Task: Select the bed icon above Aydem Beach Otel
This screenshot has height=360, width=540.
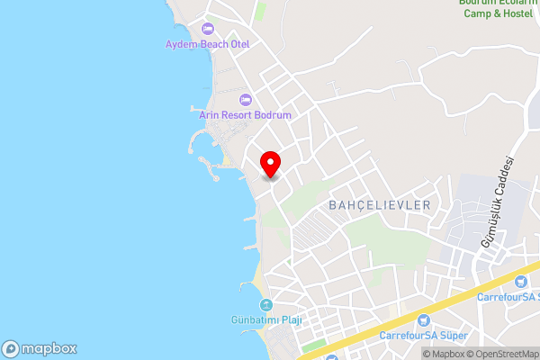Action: click(208, 29)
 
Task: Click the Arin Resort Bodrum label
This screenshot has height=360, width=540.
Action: click(245, 115)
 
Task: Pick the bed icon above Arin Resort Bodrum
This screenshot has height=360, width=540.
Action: click(246, 99)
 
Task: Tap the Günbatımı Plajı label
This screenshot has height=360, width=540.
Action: click(265, 319)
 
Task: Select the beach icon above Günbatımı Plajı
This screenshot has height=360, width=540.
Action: click(265, 304)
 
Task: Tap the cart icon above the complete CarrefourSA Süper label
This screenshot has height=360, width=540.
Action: click(423, 320)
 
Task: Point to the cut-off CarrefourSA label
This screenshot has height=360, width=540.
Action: click(507, 297)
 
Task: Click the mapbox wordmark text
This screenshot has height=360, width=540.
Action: click(49, 348)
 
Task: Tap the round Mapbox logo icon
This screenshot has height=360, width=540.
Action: click(12, 348)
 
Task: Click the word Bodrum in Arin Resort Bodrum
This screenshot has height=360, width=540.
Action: click(273, 115)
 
